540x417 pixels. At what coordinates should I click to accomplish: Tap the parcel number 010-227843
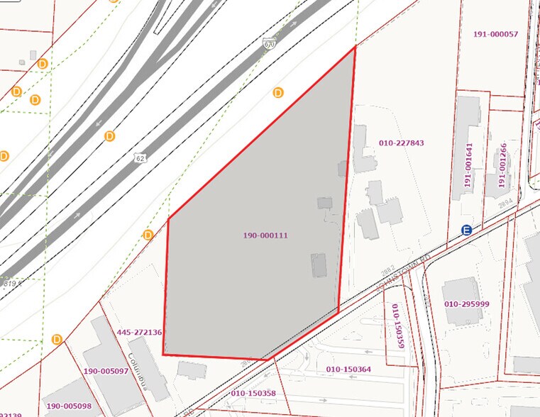[402, 143]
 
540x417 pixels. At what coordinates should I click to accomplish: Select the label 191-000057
[495, 34]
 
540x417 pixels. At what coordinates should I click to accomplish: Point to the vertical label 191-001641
[469, 166]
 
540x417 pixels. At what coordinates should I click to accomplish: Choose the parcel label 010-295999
[467, 304]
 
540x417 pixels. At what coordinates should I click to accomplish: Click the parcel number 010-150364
[348, 369]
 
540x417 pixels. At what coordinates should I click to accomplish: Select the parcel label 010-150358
[253, 392]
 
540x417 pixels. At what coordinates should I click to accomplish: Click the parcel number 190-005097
[106, 371]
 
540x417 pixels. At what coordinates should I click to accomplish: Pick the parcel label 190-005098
[70, 406]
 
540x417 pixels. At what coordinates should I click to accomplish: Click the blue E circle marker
[466, 230]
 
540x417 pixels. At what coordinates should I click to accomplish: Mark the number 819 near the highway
[8, 282]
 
